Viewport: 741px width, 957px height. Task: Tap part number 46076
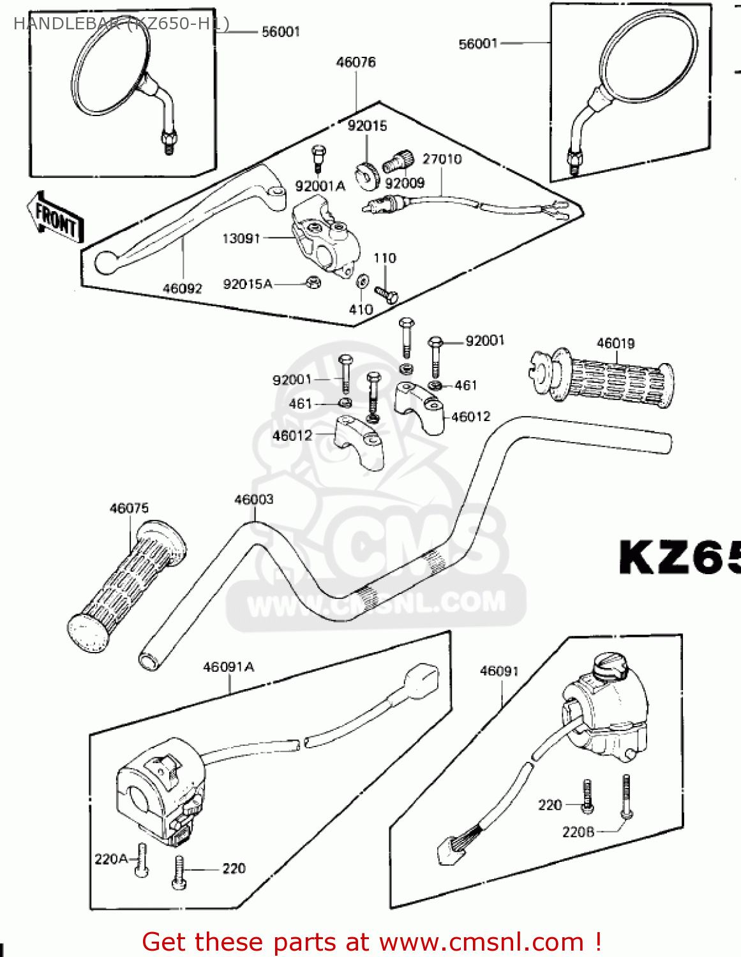pyautogui.click(x=356, y=63)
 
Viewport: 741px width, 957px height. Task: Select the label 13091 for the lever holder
pyautogui.click(x=241, y=239)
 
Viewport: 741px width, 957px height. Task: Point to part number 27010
pyautogui.click(x=442, y=159)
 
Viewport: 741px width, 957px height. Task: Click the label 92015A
pyautogui.click(x=247, y=285)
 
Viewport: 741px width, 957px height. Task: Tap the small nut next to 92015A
pyautogui.click(x=313, y=282)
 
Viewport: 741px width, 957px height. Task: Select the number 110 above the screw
pyautogui.click(x=385, y=258)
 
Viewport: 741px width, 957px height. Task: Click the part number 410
pyautogui.click(x=361, y=309)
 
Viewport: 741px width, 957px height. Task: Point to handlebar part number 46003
pyautogui.click(x=253, y=500)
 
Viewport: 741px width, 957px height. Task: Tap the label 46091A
pyautogui.click(x=228, y=667)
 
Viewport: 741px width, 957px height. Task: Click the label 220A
pyautogui.click(x=111, y=859)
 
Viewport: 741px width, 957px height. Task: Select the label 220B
pyautogui.click(x=578, y=832)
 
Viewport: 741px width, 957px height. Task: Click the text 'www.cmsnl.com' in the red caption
pyautogui.click(x=481, y=942)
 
